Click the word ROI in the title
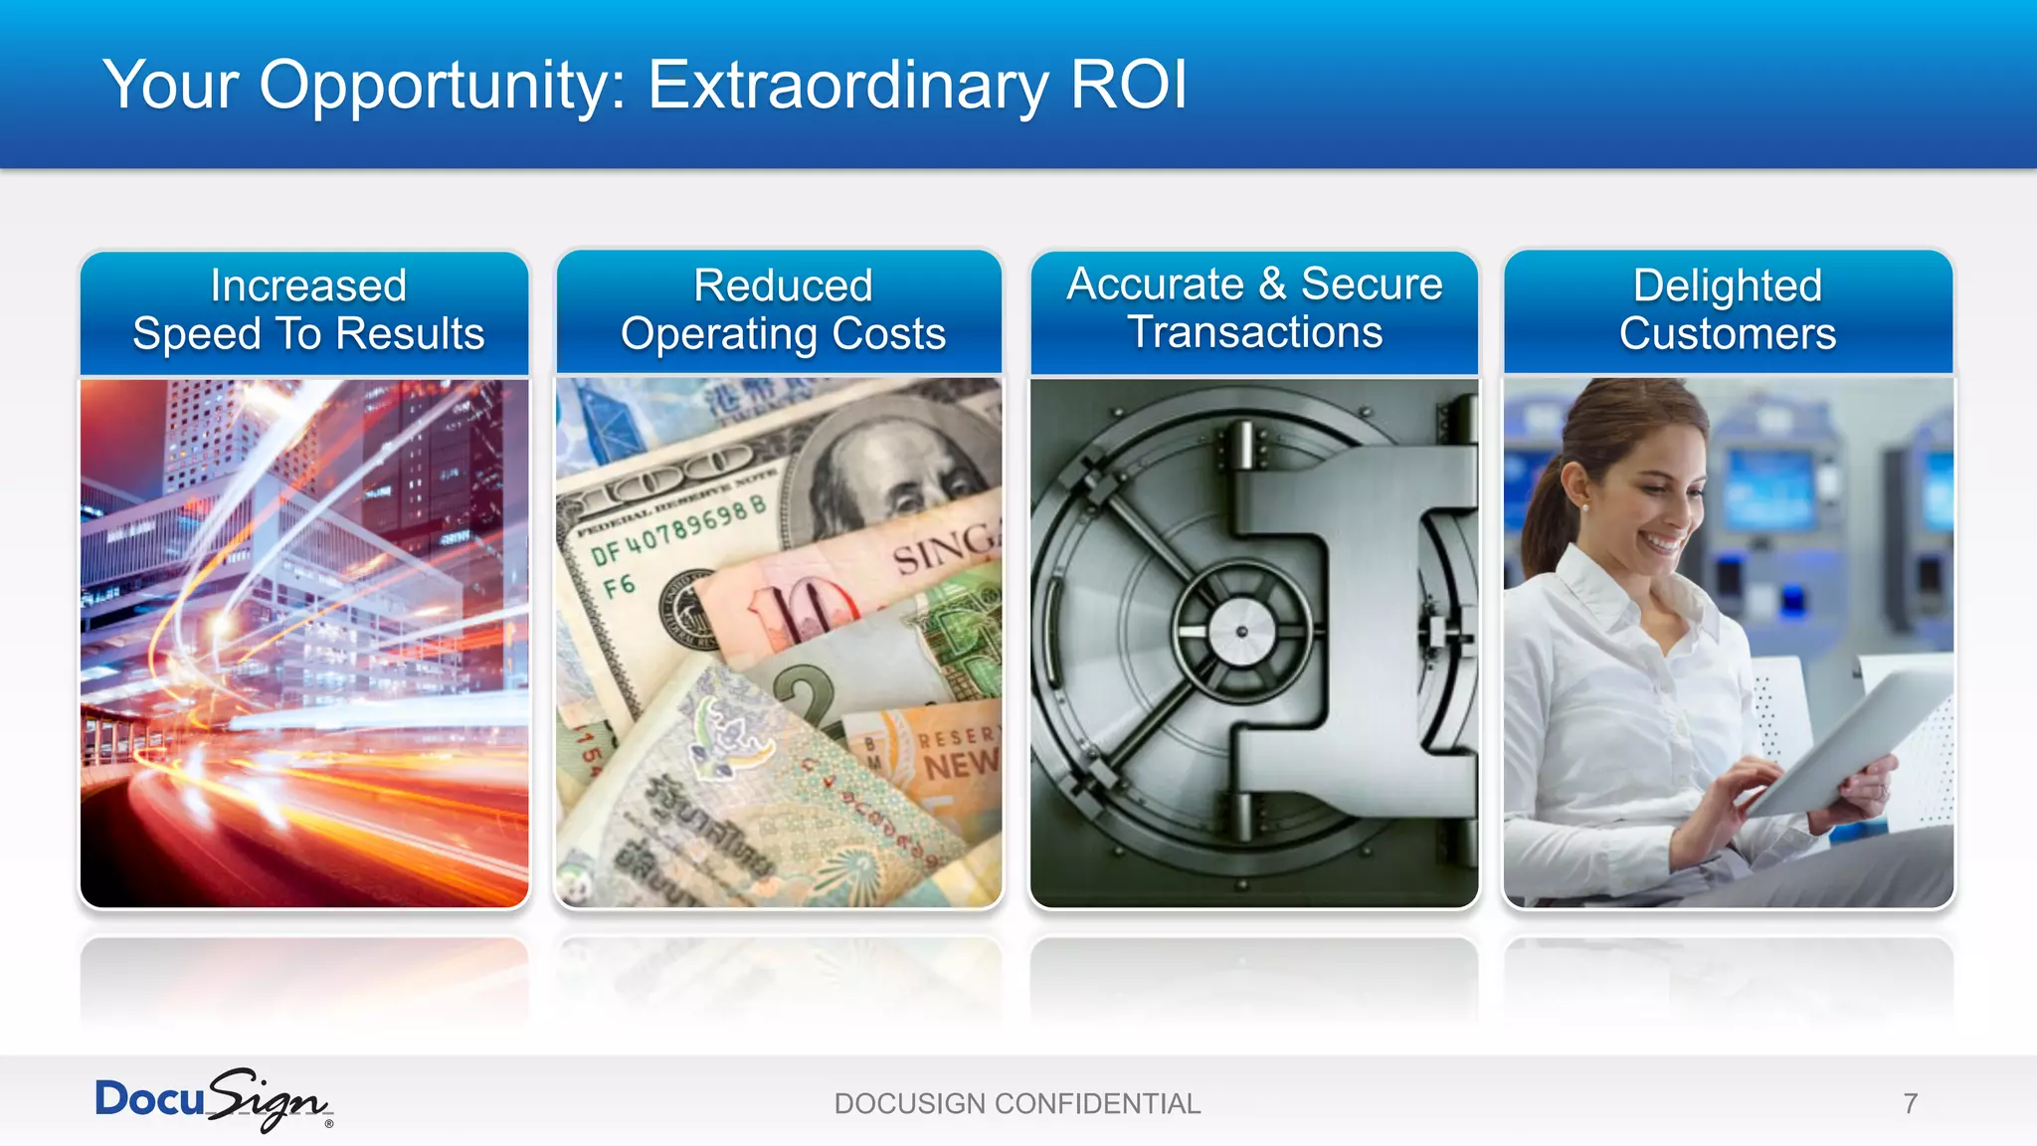(1128, 85)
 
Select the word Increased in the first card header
(308, 286)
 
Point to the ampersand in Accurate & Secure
(1272, 284)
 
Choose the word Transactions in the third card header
(1254, 332)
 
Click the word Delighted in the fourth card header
(1728, 286)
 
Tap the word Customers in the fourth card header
(1728, 333)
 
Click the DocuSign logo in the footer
(213, 1100)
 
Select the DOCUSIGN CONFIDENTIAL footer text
(1018, 1104)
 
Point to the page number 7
(1910, 1104)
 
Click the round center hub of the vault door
(1240, 632)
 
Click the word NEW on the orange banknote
(960, 764)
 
